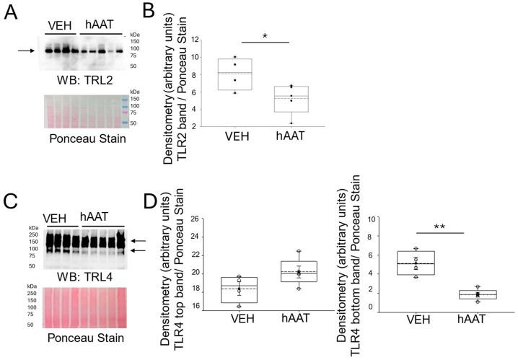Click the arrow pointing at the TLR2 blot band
(x=25, y=51)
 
